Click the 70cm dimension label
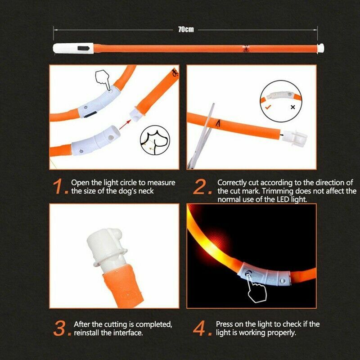click(186, 29)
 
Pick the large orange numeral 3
click(60, 328)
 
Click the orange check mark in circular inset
click(268, 108)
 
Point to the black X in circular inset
click(293, 108)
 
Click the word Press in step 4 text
click(225, 324)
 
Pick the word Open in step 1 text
click(79, 183)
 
